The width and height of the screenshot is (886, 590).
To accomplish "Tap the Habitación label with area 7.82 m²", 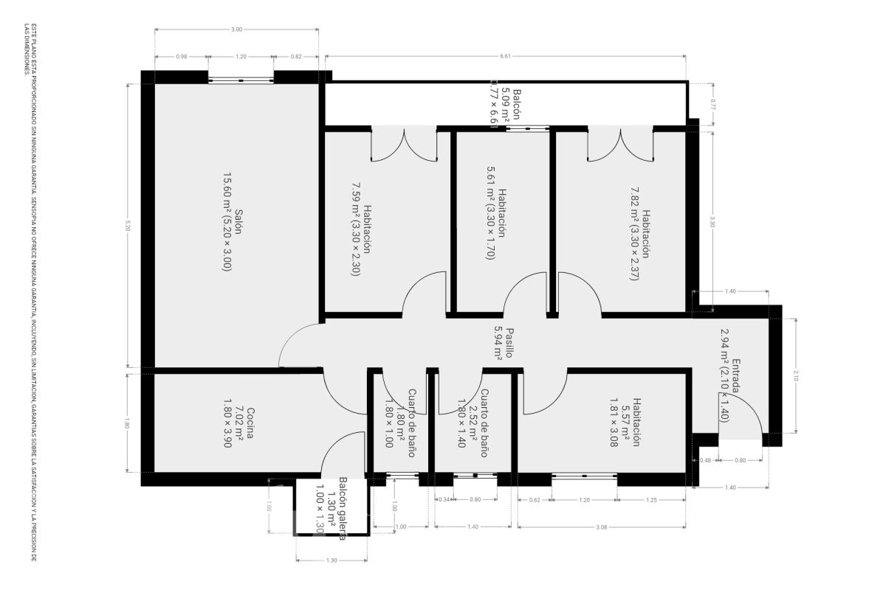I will click(639, 233).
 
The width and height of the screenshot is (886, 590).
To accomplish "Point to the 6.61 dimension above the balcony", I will click(505, 56).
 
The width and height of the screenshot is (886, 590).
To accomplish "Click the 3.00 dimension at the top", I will click(236, 29).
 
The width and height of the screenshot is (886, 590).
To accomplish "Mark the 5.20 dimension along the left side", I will click(128, 225).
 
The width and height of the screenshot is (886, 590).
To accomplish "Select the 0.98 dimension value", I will click(181, 56).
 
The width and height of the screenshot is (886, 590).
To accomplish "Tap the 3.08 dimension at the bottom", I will click(601, 527).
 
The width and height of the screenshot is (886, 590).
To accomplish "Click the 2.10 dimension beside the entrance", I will click(795, 376).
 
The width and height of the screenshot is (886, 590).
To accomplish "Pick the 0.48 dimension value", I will click(706, 461).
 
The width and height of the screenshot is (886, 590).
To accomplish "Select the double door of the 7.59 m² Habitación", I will click(404, 144).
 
